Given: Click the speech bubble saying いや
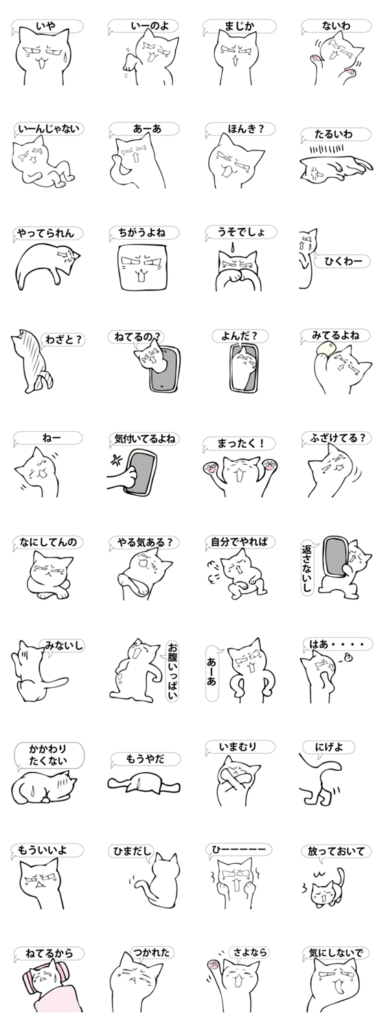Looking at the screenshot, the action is coord(47,26).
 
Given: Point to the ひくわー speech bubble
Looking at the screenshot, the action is coord(343,262).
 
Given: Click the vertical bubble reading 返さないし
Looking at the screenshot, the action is coord(307,567).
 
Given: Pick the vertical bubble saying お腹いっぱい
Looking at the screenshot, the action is coord(172,672).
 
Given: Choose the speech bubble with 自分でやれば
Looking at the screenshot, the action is coord(240,542).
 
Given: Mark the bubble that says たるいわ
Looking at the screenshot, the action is coord(335,135).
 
